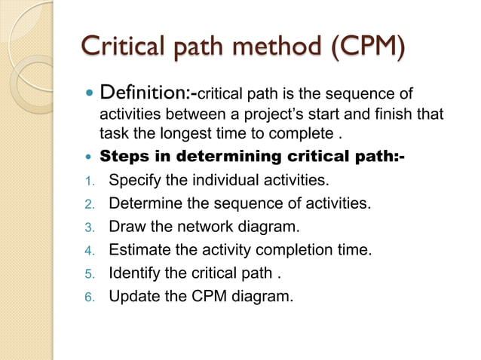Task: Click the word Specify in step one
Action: coord(136,181)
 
